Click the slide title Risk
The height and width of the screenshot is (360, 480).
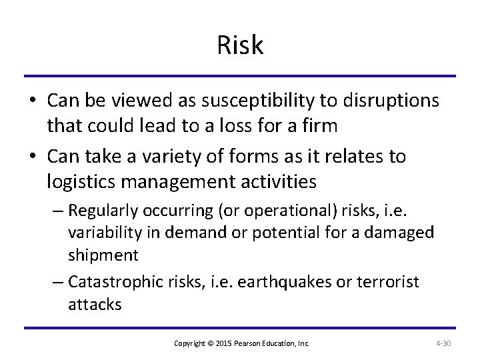pos(240,46)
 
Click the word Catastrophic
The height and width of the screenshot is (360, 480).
pos(113,281)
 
